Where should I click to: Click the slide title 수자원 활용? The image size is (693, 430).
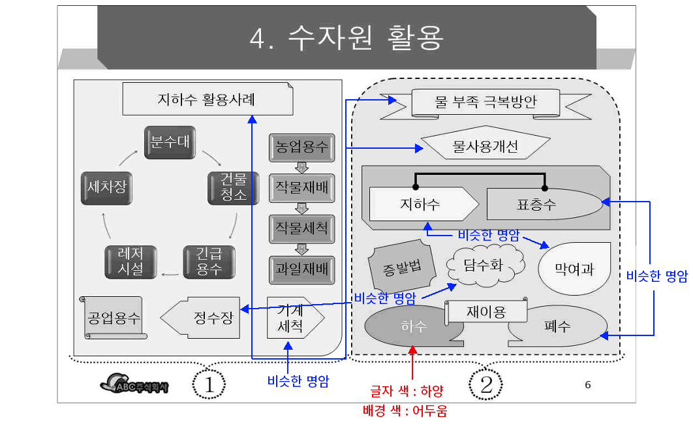(346, 38)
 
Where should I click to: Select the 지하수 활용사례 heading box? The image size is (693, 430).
(206, 100)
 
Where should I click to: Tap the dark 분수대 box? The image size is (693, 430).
(170, 142)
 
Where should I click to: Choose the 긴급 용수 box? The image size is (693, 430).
(209, 261)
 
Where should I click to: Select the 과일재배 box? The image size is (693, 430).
(301, 268)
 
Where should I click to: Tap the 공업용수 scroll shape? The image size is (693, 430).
(114, 318)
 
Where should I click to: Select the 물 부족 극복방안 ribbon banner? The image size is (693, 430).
(476, 102)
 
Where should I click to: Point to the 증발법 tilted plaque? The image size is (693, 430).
(400, 266)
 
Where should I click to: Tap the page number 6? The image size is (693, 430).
(587, 384)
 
